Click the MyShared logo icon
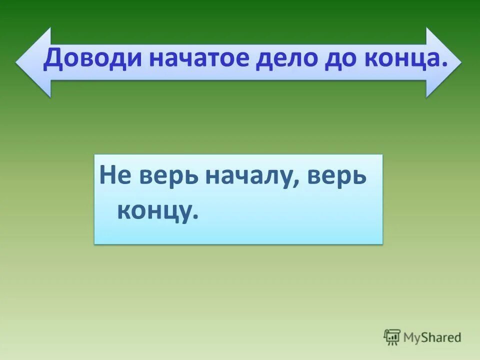pyautogui.click(x=392, y=337)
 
